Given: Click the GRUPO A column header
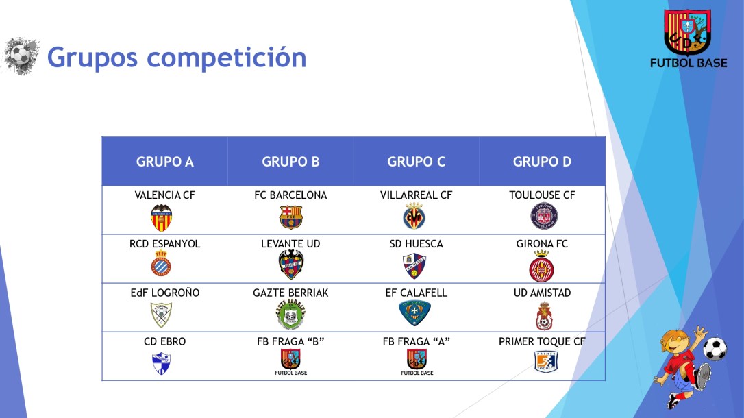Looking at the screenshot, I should pos(164,162).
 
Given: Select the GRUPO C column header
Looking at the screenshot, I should pos(416,162).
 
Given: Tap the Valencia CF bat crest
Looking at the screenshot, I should pos(162,217).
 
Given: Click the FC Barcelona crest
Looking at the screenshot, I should pos(290,217).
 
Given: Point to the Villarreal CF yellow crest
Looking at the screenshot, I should pos(414,217).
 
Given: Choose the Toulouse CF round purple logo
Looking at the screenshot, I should pos(544,217).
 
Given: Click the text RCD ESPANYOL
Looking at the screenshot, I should pos(164,244).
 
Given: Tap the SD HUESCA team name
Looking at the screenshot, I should pos(416,244).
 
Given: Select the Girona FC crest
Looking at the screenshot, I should pos(541,266).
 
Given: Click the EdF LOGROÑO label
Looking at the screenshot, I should pos(164,293).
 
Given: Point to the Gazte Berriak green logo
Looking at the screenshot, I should pos(290,315).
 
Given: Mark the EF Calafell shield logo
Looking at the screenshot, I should pos(414,312).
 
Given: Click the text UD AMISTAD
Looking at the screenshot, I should pos(542,293).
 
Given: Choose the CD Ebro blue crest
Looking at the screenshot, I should pos(161,362).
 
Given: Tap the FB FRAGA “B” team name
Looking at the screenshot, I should pos(290,341).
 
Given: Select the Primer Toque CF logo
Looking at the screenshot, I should pos(546,361).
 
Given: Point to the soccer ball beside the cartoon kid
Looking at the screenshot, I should pos(715,349).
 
